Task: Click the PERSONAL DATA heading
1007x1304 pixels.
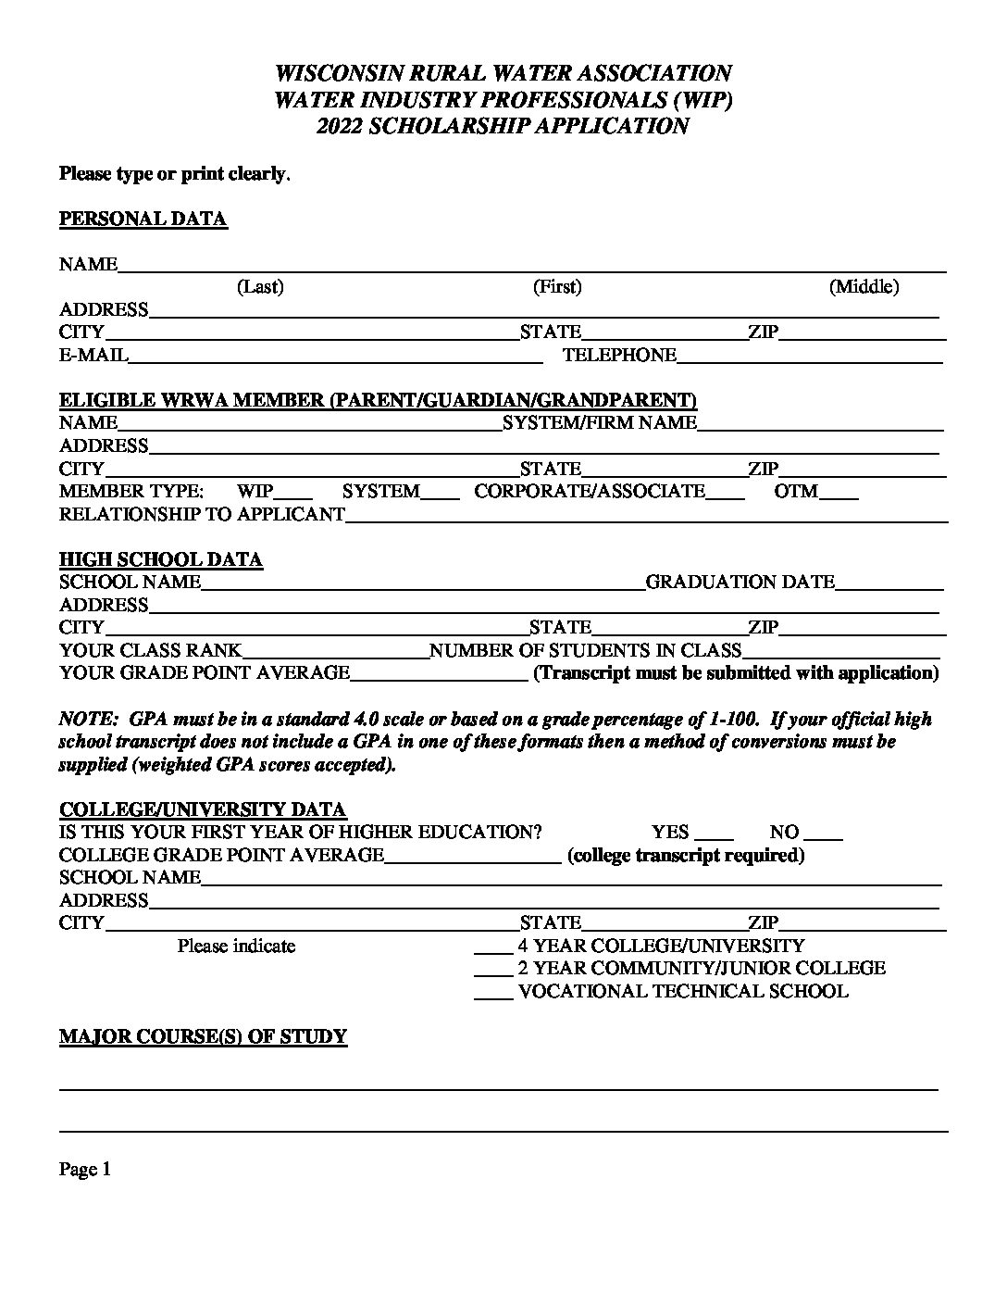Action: coord(143,219)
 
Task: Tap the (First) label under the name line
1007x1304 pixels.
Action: coord(557,287)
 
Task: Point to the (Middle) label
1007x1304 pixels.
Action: coord(864,287)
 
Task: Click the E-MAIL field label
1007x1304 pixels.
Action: coord(93,355)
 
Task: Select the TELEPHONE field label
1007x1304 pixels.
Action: coord(619,355)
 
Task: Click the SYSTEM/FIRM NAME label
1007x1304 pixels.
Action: coord(599,423)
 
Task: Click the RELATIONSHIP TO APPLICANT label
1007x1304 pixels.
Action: coord(202,514)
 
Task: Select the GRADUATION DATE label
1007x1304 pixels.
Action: coord(740,583)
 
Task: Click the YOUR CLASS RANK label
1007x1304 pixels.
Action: coord(150,651)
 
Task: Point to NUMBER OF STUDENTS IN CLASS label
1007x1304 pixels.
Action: coord(586,651)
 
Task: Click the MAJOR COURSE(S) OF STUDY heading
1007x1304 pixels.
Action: coord(203,1036)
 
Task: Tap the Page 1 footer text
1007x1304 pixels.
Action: coord(85,1170)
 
